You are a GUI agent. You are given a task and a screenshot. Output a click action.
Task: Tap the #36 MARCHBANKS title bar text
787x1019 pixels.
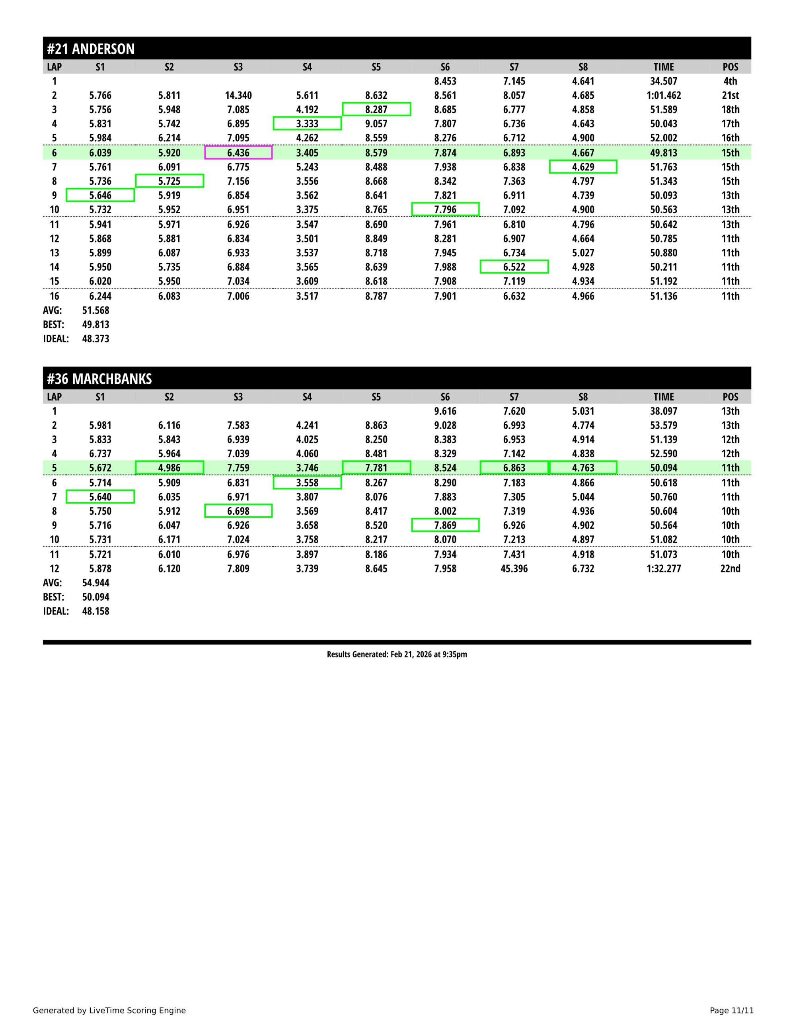[x=99, y=379]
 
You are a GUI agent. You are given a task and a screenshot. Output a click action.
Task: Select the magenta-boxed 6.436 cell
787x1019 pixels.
[x=238, y=153]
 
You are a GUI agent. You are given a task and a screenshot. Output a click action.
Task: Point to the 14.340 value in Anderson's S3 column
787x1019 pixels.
[x=238, y=96]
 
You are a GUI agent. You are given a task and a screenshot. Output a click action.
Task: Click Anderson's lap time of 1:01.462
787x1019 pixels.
[x=663, y=96]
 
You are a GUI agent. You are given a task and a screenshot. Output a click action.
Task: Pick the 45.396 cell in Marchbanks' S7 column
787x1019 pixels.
[x=514, y=569]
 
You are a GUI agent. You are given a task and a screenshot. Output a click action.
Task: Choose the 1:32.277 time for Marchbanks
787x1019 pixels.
[x=663, y=569]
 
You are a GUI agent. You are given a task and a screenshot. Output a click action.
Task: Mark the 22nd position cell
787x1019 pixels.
[x=730, y=569]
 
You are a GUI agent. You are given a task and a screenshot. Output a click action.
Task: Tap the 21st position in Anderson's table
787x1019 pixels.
[x=730, y=96]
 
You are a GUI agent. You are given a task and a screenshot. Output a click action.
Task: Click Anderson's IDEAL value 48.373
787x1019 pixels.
[x=95, y=339]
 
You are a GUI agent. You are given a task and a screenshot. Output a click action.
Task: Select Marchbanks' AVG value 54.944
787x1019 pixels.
[x=95, y=583]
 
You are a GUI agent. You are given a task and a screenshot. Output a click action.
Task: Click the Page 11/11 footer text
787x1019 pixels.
[x=731, y=1011]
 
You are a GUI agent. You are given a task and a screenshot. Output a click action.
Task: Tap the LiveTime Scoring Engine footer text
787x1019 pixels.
[x=109, y=1011]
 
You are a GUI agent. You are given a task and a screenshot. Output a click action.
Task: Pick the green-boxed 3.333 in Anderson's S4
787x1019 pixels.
[x=307, y=124]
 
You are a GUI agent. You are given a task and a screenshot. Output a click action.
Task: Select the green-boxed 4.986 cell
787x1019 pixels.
[x=169, y=468]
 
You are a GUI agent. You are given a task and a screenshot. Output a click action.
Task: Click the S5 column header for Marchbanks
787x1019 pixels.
[x=376, y=397]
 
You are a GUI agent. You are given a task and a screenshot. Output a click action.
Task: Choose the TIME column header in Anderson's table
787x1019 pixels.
[x=663, y=67]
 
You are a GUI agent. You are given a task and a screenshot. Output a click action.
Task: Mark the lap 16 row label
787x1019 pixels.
[x=54, y=296]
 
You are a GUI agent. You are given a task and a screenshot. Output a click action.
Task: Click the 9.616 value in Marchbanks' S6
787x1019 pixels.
[x=445, y=412]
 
